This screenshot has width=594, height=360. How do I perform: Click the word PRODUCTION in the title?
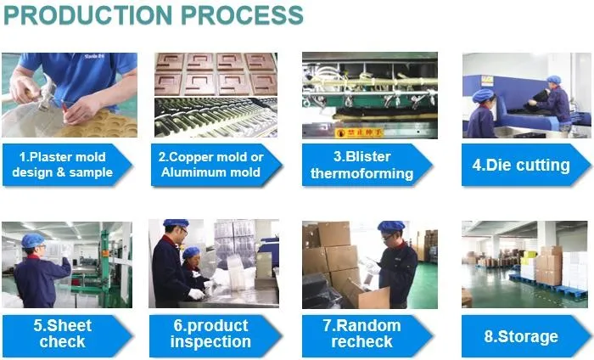pyautogui.click(x=88, y=15)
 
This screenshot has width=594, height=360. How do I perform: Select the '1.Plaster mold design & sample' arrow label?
pyautogui.click(x=67, y=165)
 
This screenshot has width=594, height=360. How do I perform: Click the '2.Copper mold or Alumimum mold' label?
pyautogui.click(x=216, y=165)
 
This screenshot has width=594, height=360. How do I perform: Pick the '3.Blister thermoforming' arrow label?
pyautogui.click(x=367, y=165)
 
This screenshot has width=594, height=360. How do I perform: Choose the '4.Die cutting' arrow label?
pyautogui.click(x=526, y=165)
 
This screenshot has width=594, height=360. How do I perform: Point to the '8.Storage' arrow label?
pyautogui.click(x=527, y=336)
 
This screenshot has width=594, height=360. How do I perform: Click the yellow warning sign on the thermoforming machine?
pyautogui.click(x=359, y=132)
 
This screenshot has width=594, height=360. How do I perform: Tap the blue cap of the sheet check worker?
pyautogui.click(x=32, y=240)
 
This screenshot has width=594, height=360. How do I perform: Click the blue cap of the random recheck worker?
pyautogui.click(x=390, y=227)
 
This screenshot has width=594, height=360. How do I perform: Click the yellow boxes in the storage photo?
pyautogui.click(x=529, y=257)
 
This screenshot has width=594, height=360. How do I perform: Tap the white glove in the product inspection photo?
pyautogui.click(x=197, y=294)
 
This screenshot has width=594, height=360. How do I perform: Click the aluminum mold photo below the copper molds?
pyautogui.click(x=216, y=117)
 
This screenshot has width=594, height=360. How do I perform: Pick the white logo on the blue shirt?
pyautogui.click(x=94, y=57)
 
